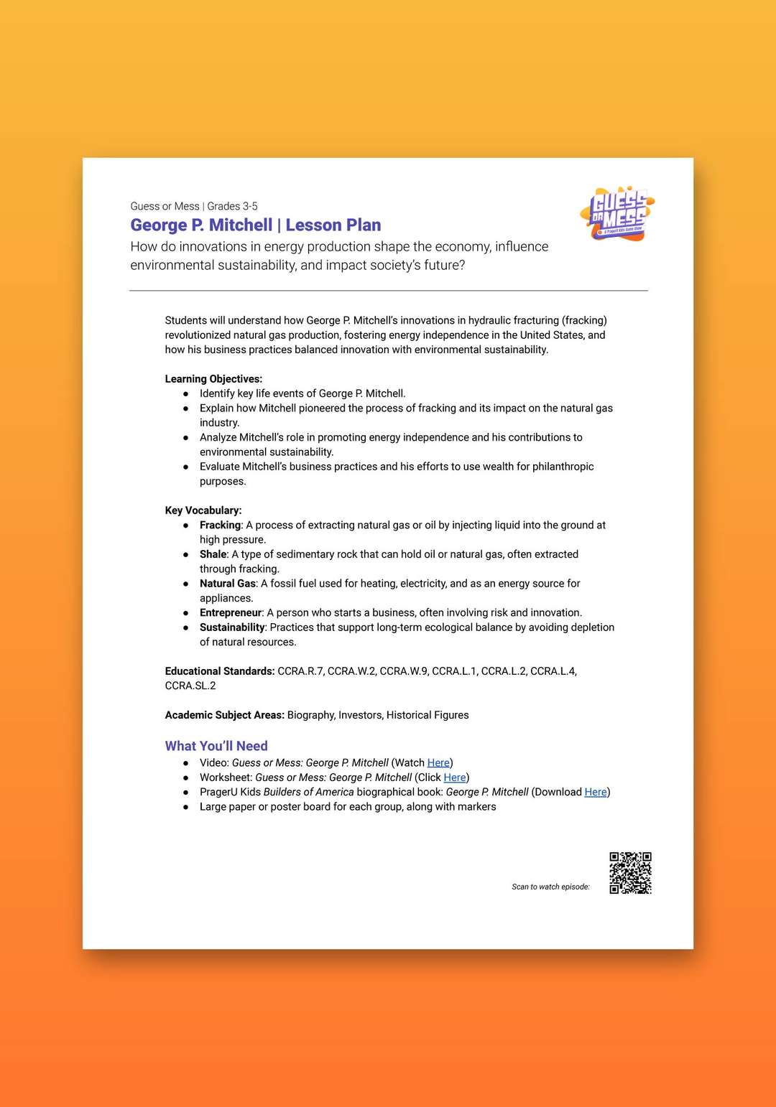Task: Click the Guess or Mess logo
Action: click(x=617, y=214)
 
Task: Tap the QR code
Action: click(x=630, y=873)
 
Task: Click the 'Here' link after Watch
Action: click(x=438, y=762)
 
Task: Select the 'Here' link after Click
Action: click(x=455, y=777)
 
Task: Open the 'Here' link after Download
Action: click(x=596, y=792)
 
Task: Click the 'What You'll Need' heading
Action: click(x=216, y=746)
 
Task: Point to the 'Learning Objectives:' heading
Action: click(x=213, y=379)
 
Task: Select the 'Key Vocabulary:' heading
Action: click(x=203, y=510)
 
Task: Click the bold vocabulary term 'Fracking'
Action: click(x=220, y=525)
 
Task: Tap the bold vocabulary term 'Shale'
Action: click(x=213, y=554)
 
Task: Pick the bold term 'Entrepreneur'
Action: click(x=231, y=612)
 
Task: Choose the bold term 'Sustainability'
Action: click(x=232, y=627)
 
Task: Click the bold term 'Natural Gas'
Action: click(x=228, y=584)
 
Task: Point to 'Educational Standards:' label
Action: click(x=220, y=671)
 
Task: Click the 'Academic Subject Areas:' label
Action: click(x=224, y=715)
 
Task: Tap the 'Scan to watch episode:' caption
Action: click(x=550, y=887)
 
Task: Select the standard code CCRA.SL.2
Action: click(x=190, y=686)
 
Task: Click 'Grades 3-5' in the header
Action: click(x=232, y=206)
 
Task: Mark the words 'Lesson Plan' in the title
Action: click(x=333, y=225)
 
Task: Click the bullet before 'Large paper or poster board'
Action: click(x=186, y=807)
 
